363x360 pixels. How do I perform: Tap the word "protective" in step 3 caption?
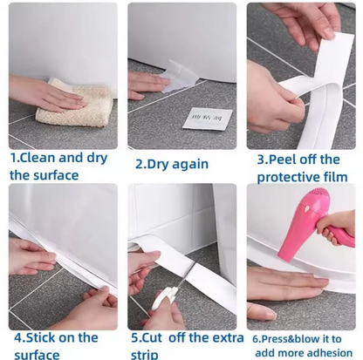pos(290,177)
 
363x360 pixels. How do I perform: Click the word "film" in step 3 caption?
pos(339,177)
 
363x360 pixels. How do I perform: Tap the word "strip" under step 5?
pos(145,354)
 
